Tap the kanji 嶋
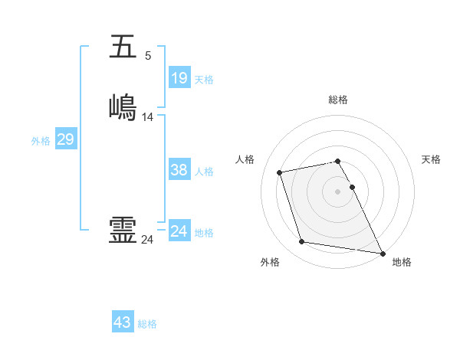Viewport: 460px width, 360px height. coord(123,107)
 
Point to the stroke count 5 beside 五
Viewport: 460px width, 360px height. coord(148,55)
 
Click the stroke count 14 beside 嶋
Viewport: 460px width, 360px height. coord(148,116)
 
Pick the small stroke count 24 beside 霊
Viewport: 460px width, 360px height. coord(147,240)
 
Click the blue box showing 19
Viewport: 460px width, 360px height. coord(179,77)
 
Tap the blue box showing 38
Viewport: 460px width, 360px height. coord(179,170)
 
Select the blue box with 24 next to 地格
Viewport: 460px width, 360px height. coord(179,231)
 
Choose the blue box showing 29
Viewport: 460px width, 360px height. coord(65,139)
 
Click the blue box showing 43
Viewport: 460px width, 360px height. coord(122,322)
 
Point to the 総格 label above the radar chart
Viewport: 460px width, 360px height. coord(338,100)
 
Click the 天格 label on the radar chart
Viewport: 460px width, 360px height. coord(431,159)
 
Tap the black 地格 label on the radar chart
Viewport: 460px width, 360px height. coord(402,262)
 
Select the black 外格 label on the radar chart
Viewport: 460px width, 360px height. coord(270,262)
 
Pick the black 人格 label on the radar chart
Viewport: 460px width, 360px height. coord(245,159)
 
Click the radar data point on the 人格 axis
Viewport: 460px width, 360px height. coord(280,172)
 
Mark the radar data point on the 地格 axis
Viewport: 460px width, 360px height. coord(383,253)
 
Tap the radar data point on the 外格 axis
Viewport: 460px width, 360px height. coord(302,242)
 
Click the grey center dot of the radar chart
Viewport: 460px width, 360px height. coord(338,191)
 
